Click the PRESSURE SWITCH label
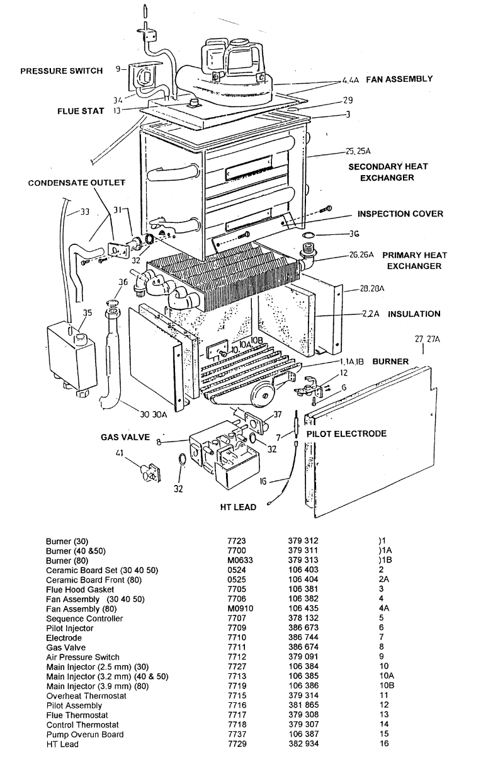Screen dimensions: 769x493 (61, 71)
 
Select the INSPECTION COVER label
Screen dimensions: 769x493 (400, 214)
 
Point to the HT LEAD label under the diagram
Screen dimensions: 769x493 (238, 507)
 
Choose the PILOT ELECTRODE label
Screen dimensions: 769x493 (346, 434)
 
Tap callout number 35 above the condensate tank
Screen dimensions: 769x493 (87, 312)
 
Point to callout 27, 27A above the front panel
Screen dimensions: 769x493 (427, 339)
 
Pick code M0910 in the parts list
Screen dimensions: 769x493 (239, 609)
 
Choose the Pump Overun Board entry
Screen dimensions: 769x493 (77, 734)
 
